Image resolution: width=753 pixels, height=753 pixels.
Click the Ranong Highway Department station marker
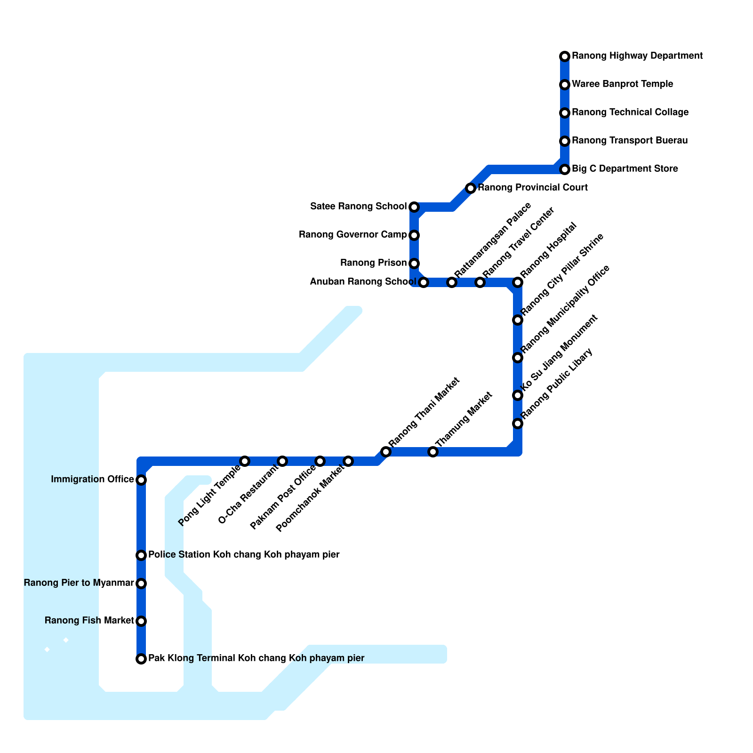[x=565, y=56]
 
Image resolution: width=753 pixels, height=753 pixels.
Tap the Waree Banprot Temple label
[x=622, y=84]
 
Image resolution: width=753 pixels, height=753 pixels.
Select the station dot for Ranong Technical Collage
[x=565, y=113]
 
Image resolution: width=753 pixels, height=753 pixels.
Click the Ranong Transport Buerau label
[x=630, y=141]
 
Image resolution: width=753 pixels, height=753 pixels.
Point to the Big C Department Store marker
[x=565, y=169]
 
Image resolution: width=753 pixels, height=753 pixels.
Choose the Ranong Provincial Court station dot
[x=471, y=188]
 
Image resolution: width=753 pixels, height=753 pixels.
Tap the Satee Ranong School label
[x=358, y=207]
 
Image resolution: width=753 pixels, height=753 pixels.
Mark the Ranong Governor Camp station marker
[x=414, y=235]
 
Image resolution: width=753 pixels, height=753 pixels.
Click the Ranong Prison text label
[x=373, y=263]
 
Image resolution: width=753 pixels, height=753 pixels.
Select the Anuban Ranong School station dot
[x=424, y=282]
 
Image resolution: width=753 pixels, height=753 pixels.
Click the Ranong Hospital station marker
[x=518, y=282]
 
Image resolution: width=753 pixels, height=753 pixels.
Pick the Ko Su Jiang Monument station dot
[x=518, y=395]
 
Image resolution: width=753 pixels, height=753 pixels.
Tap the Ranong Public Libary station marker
[x=518, y=424]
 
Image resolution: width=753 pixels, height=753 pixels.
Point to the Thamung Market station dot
[x=433, y=452]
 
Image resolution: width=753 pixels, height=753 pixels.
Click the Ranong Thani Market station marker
[x=386, y=452]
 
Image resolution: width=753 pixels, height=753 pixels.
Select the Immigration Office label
[x=92, y=480]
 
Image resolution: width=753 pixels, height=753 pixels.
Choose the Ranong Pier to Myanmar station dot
[x=141, y=584]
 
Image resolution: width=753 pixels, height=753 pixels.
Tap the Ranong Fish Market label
[x=89, y=621]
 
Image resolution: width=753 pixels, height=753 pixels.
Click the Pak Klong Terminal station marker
[x=141, y=659]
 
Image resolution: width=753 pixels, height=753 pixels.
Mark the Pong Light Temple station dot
[x=245, y=461]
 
